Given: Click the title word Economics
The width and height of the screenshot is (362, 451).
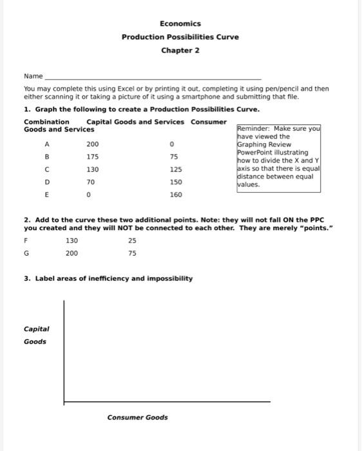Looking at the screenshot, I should (x=180, y=24).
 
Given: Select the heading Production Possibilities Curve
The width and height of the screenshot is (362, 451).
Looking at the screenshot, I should (x=180, y=37).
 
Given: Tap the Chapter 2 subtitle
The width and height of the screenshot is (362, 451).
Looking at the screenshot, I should (x=180, y=50).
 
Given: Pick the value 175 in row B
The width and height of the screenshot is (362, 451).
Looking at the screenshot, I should (x=93, y=157).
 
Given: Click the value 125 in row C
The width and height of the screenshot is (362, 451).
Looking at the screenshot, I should (x=175, y=169).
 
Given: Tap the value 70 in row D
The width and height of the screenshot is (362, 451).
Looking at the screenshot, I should (x=91, y=182).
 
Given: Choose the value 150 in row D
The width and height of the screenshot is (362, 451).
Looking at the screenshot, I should (x=175, y=182).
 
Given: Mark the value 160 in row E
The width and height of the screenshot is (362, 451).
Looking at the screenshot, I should (x=175, y=195).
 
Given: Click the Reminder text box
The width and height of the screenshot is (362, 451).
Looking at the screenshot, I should (x=278, y=157).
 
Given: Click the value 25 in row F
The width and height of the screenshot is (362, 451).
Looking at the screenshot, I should (x=132, y=241).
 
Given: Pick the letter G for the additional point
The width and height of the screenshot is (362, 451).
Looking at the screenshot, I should (x=26, y=253).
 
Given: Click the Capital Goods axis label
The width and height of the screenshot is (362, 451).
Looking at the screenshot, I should (x=36, y=335).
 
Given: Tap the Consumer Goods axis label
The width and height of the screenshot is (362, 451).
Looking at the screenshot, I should (x=137, y=417).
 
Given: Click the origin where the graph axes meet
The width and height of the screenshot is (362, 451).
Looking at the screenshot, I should (x=64, y=401).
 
